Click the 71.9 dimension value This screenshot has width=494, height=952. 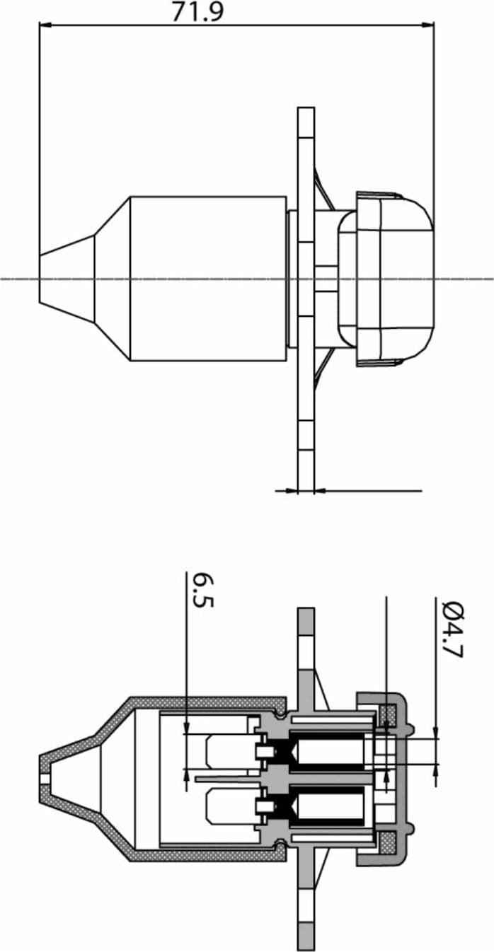[197, 12]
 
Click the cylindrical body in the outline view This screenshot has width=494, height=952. [208, 279]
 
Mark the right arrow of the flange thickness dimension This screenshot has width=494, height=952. [321, 491]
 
